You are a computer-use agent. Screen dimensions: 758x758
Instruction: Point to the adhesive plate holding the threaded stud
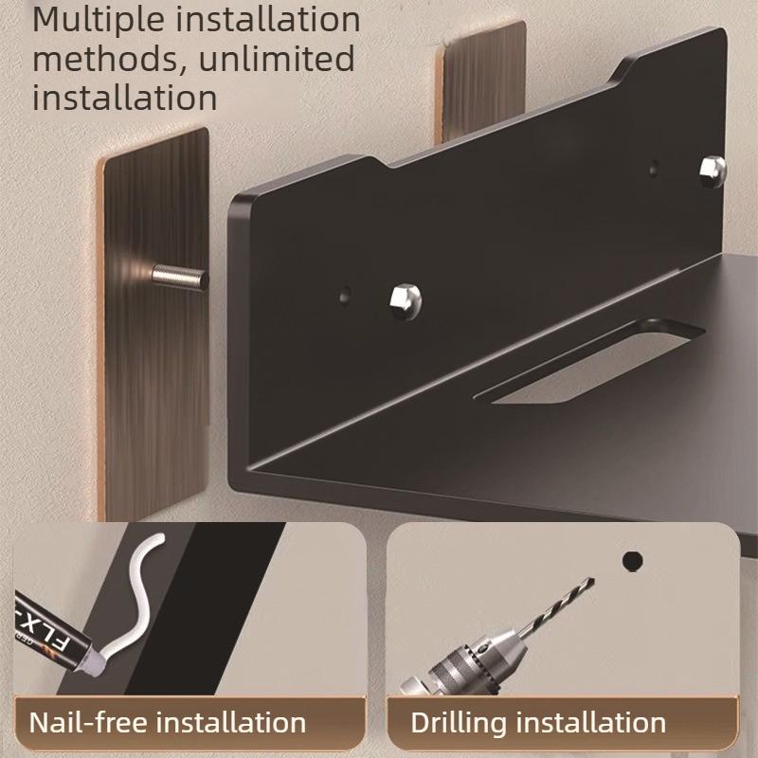(x=152, y=379)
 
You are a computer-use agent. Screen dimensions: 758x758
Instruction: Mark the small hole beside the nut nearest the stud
(x=344, y=295)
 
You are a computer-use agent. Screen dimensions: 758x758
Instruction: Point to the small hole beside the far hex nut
(x=655, y=171)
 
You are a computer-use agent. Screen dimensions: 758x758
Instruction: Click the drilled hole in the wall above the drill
(x=632, y=561)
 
